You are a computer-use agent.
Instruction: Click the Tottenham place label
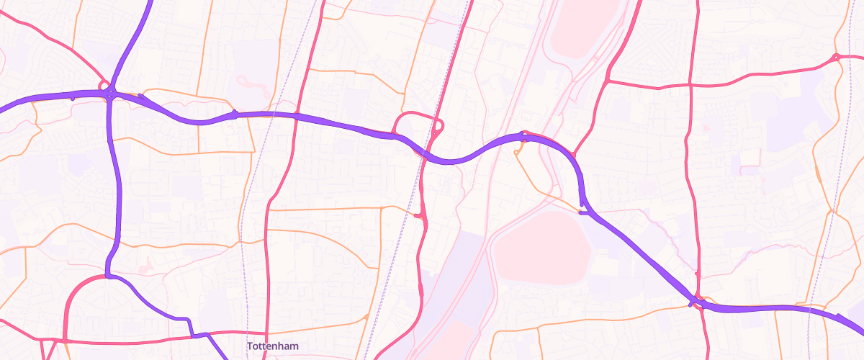click(272, 346)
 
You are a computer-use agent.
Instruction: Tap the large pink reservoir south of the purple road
click(541, 244)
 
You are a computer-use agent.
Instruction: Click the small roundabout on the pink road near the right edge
click(835, 57)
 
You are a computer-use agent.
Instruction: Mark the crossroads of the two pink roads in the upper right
click(690, 86)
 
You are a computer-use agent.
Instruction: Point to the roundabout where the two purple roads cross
click(110, 94)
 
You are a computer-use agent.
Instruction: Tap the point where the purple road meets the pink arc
click(107, 276)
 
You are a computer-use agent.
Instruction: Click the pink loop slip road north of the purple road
click(418, 119)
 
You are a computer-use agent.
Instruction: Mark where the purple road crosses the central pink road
click(425, 153)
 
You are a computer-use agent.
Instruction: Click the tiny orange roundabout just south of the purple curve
click(517, 153)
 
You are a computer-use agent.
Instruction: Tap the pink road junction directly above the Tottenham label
click(267, 333)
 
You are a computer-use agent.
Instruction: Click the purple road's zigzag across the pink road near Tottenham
click(199, 336)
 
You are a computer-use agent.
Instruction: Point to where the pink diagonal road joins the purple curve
click(574, 154)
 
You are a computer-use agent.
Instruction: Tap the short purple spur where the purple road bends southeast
click(582, 212)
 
